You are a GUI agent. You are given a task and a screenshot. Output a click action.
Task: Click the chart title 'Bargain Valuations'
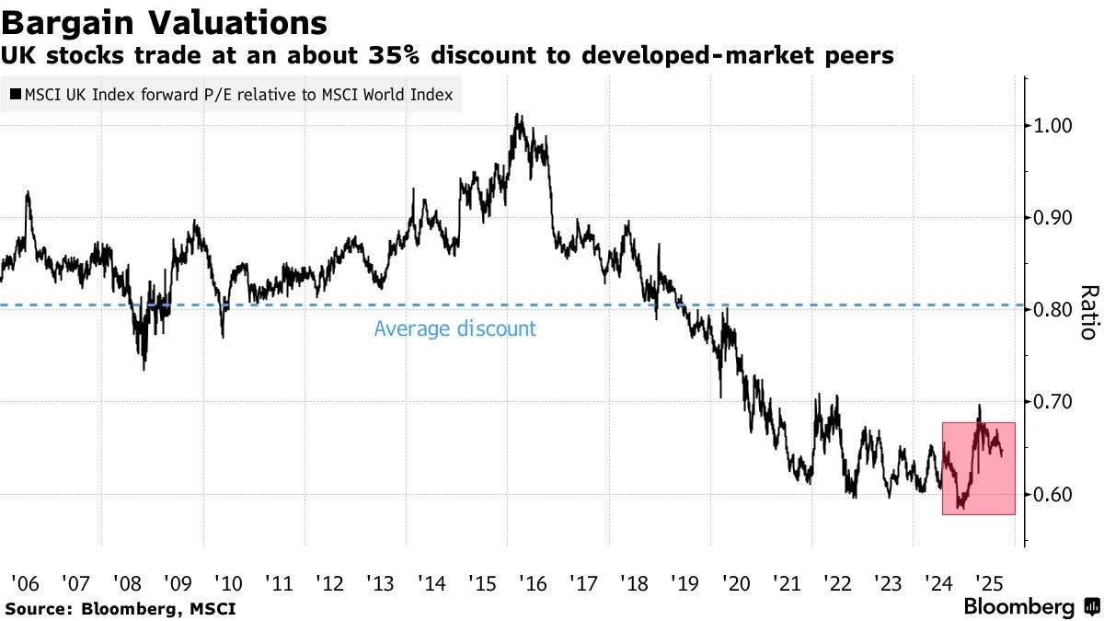coord(166,21)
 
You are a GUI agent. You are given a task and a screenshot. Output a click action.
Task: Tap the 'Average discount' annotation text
coord(454,328)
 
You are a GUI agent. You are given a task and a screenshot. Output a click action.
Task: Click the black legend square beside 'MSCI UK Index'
coord(16,95)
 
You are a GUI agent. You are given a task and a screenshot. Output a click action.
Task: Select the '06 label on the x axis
coord(25,582)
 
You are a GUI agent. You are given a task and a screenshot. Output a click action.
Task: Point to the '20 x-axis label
coord(735,582)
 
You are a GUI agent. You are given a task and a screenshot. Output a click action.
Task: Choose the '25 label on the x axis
coord(988,582)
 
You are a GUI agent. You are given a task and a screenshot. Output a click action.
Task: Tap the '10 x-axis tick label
coord(227,582)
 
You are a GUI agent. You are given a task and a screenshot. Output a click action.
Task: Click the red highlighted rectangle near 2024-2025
coord(979,468)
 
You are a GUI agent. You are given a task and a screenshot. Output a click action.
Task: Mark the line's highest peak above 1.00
coord(518,116)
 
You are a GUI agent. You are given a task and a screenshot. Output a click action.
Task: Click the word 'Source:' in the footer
coord(40,608)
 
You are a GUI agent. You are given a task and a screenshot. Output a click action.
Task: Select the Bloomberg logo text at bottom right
coord(1018,607)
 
